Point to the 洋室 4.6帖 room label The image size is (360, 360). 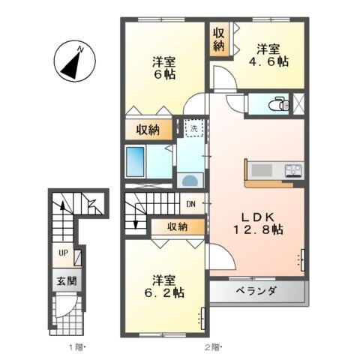(x=270, y=55)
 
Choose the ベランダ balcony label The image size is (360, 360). (x=257, y=291)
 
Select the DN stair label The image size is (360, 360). (x=191, y=203)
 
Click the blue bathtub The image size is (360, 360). (x=136, y=160)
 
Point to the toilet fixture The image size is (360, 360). (x=280, y=103)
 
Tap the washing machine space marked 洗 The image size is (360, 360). (x=193, y=128)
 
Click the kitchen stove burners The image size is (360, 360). (x=292, y=169)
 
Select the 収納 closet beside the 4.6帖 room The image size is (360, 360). (x=218, y=40)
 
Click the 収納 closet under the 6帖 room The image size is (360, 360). (x=148, y=130)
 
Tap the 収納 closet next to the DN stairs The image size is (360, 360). (x=177, y=226)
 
